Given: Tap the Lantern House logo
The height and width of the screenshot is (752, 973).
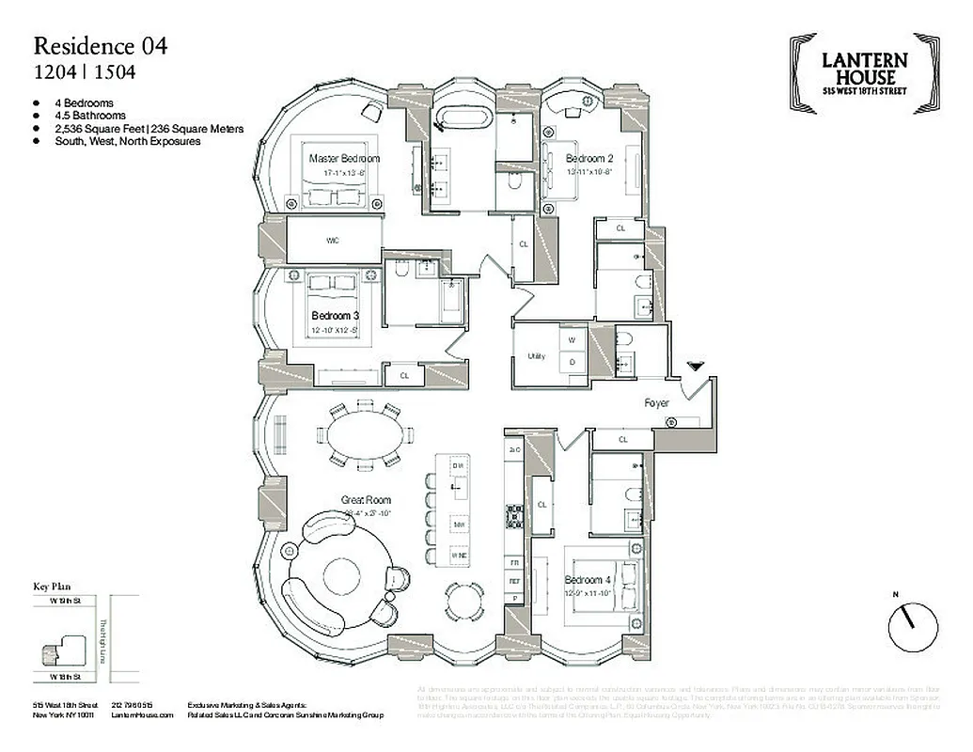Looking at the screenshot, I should tap(864, 70).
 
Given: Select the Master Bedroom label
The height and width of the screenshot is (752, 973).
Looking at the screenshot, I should tap(344, 159).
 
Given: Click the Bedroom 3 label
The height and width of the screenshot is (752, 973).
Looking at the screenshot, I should tap(335, 316).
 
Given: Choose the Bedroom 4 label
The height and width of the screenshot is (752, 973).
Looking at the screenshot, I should tap(589, 580).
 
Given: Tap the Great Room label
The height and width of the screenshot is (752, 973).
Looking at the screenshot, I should tap(367, 500).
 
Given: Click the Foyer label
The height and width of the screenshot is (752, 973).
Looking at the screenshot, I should tap(656, 403).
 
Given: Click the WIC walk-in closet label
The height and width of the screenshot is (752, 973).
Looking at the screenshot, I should tap(332, 241).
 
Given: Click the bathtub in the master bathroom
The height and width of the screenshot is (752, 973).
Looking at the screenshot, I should tap(462, 123).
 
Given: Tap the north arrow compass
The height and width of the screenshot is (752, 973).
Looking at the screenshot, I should tap(912, 621).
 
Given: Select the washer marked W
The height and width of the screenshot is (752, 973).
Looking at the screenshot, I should tap(573, 339).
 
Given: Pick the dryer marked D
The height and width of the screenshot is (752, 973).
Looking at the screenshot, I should tap(573, 362).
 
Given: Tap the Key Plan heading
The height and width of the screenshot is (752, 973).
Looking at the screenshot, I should tap(54, 586).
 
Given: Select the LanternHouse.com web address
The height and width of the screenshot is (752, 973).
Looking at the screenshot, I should tap(142, 715).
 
